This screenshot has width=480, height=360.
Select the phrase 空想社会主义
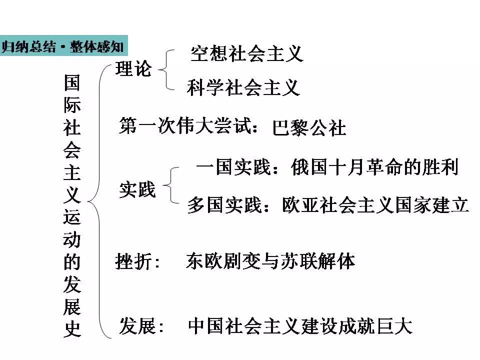247,53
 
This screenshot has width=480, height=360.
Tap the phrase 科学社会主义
243,87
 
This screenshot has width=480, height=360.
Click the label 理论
133,69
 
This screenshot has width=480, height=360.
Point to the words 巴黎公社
309,128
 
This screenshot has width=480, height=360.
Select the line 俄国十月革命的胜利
374,167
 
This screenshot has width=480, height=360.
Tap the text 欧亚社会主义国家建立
375,205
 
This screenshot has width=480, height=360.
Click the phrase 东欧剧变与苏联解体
270,261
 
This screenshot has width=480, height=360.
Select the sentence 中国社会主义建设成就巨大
300,326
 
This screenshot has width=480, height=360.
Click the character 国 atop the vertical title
72,83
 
